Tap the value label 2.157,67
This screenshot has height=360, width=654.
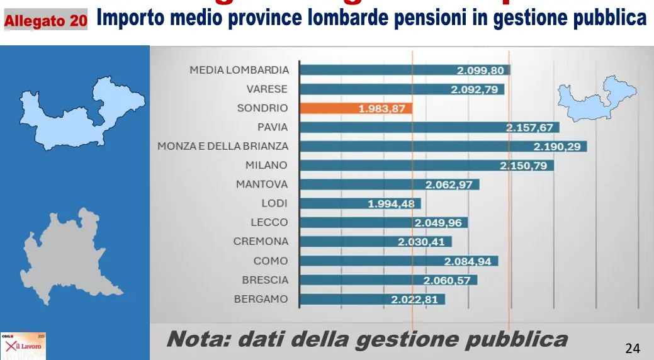point(530,128)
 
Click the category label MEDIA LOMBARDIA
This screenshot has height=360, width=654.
point(239,70)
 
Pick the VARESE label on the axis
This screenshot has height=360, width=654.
point(267,89)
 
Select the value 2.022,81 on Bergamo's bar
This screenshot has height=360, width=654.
point(414,299)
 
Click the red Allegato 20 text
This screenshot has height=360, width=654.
point(46,21)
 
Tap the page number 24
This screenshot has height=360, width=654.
point(632,348)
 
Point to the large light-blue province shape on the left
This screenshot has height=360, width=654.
point(79,113)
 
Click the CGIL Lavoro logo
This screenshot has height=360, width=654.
point(23,346)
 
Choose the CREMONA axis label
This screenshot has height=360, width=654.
point(261,241)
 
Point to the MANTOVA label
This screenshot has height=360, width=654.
point(262,184)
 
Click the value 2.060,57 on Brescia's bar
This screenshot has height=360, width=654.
point(447,280)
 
